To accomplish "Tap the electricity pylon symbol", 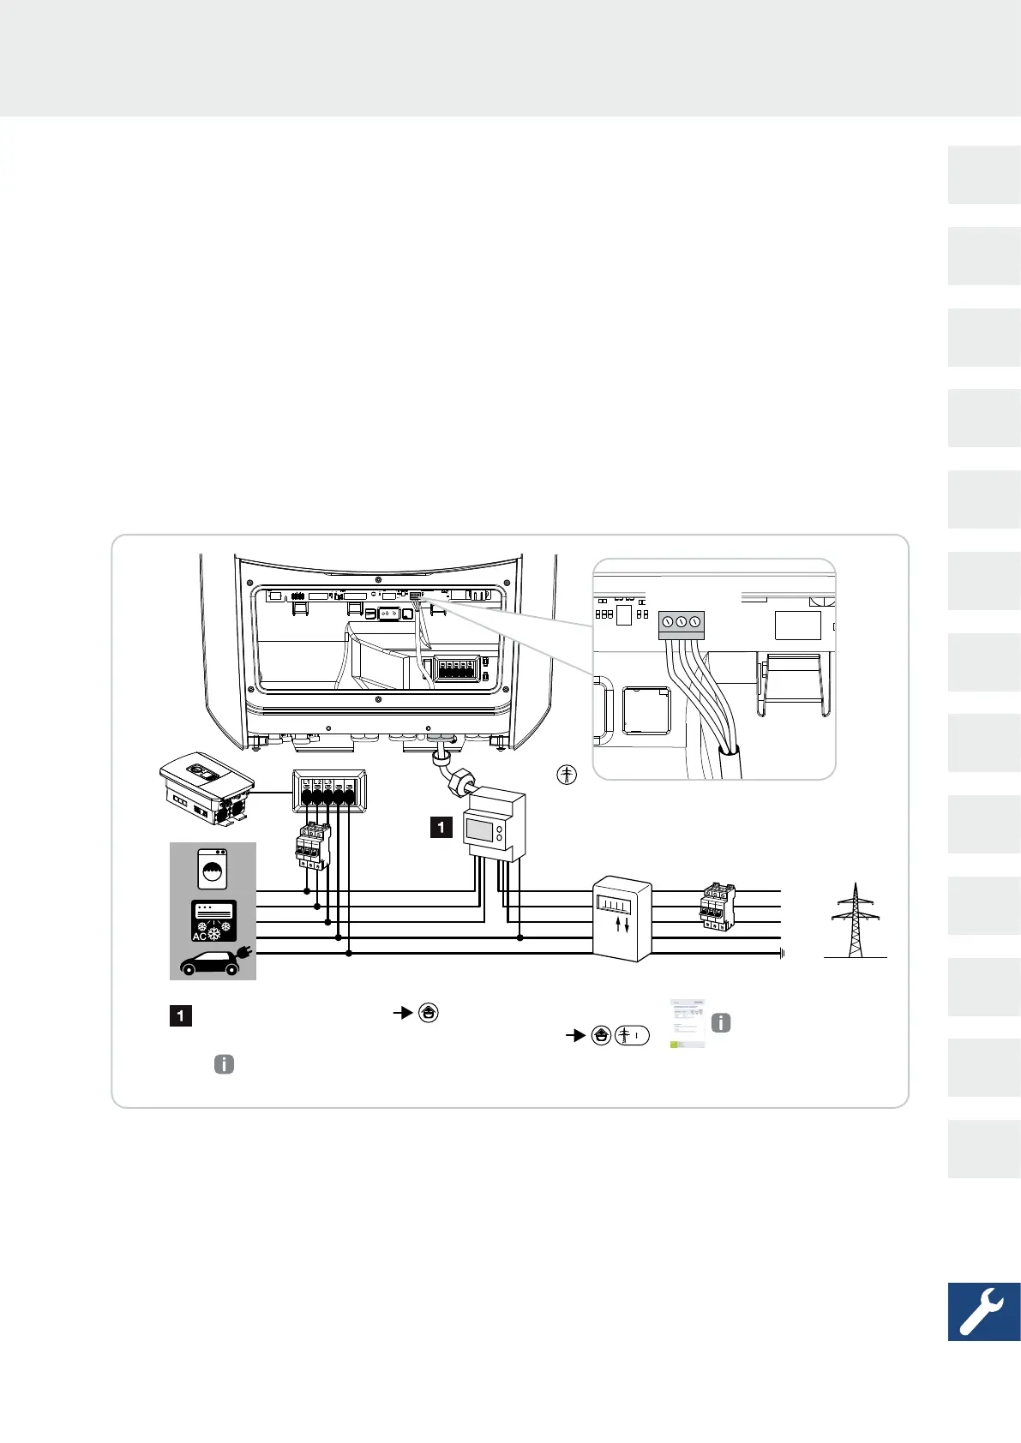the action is click(x=854, y=921).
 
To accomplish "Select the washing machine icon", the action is click(x=213, y=868).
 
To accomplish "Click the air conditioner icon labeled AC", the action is click(x=213, y=921).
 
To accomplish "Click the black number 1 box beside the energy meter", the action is click(x=441, y=827).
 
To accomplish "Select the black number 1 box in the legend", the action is click(x=180, y=1016).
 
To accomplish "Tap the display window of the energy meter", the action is click(x=479, y=829).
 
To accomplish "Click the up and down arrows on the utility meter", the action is click(x=623, y=925).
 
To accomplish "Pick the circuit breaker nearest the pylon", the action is click(x=717, y=907).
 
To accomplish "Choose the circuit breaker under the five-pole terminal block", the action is click(x=313, y=846).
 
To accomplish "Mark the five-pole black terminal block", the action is click(x=329, y=791).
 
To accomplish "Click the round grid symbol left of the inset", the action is click(x=567, y=775).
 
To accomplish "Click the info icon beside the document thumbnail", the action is click(x=722, y=1022).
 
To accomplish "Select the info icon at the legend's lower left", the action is click(x=223, y=1064).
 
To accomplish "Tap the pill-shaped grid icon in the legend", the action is click(x=632, y=1035).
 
